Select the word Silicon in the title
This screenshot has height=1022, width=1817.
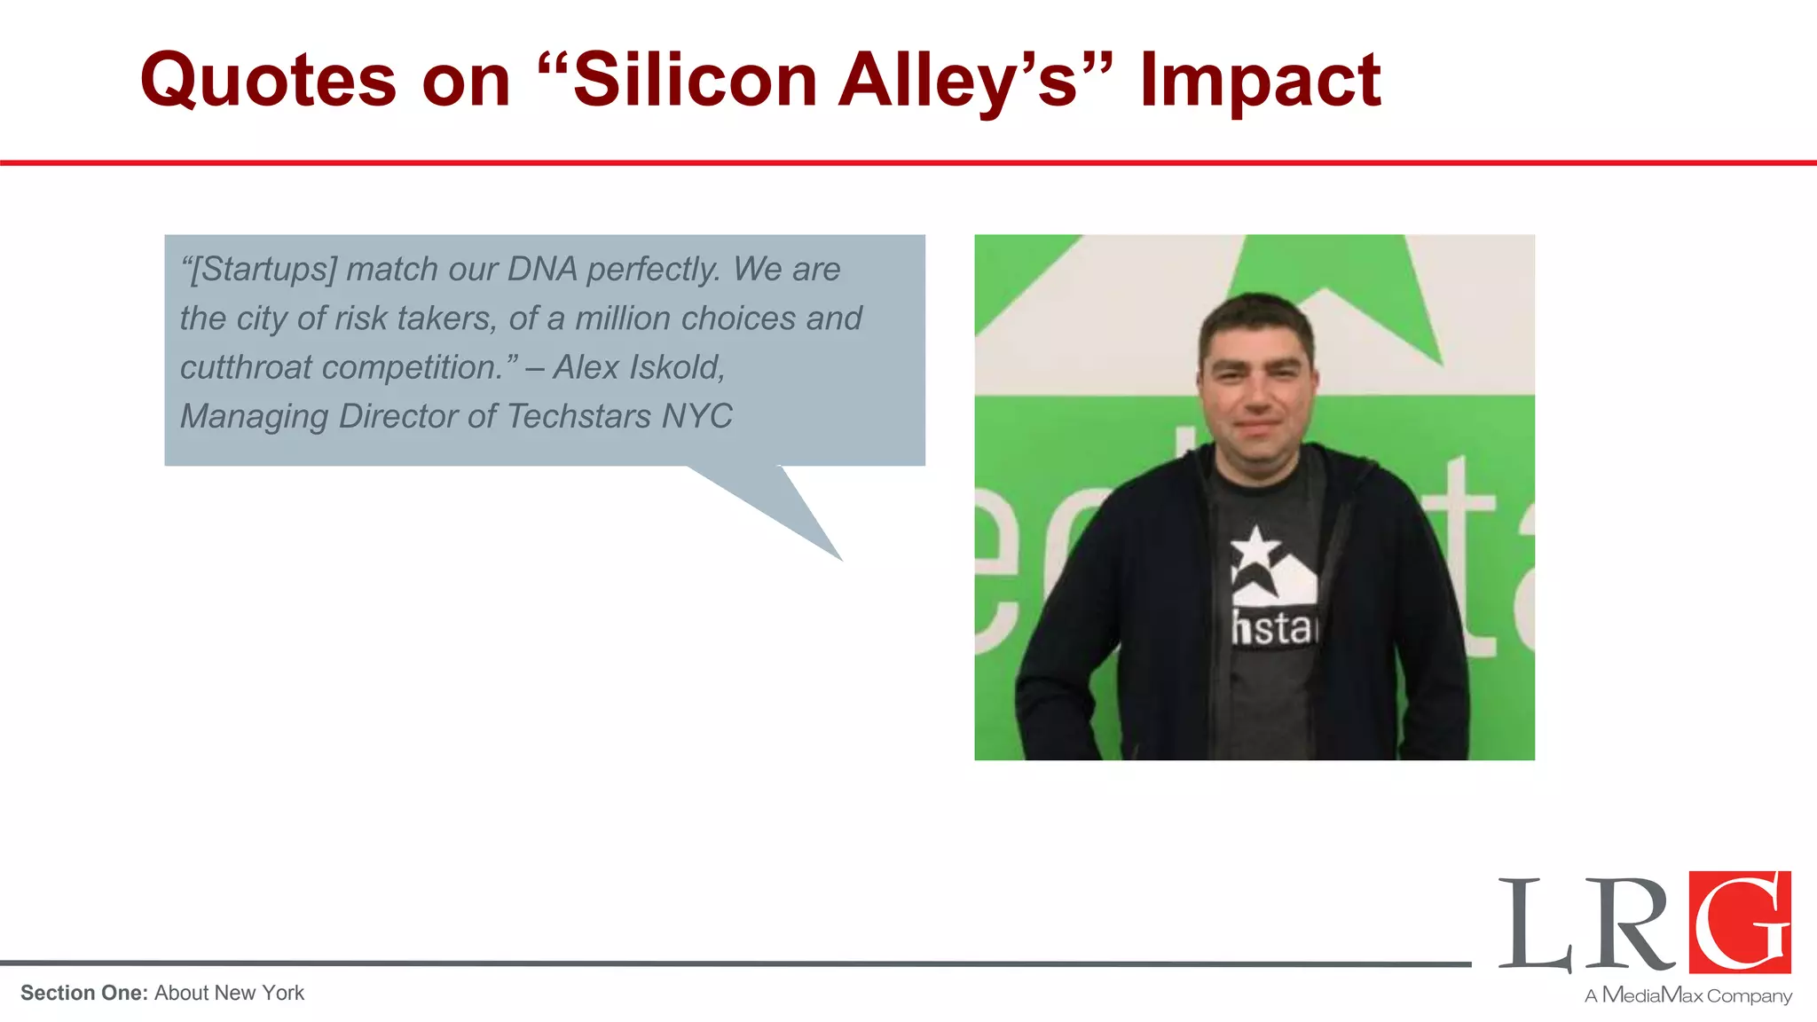click(695, 80)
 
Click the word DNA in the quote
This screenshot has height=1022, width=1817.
click(542, 269)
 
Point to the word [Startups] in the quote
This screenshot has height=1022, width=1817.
click(264, 270)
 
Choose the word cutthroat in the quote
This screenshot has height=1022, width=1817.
click(246, 367)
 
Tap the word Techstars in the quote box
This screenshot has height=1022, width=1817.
click(579, 416)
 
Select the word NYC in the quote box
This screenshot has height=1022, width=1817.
click(697, 416)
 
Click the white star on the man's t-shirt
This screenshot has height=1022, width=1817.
click(1255, 548)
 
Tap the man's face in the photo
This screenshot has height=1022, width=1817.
click(1255, 381)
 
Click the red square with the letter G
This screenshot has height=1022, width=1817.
click(1740, 922)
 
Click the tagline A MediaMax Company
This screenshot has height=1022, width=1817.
click(1688, 995)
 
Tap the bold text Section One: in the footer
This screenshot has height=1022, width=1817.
click(84, 993)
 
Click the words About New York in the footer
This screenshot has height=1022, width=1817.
click(229, 993)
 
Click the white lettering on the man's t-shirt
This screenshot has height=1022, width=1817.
click(1274, 629)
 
